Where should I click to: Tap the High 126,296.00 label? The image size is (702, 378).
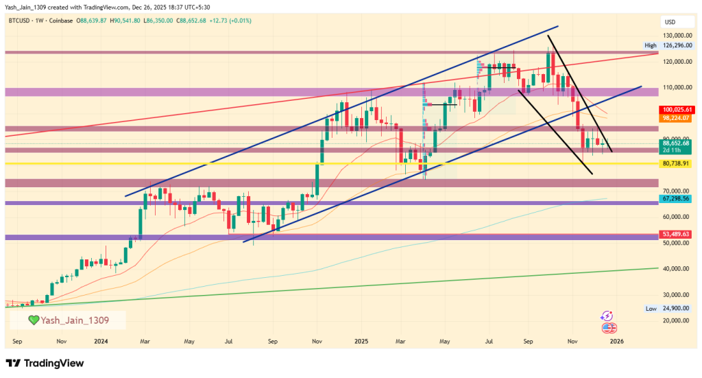(x=670, y=45)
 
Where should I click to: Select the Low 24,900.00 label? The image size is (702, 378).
(x=670, y=309)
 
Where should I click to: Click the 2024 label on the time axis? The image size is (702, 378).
(x=101, y=341)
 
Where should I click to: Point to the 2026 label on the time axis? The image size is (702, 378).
(x=616, y=341)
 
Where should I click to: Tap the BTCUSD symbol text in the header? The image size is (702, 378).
(x=21, y=21)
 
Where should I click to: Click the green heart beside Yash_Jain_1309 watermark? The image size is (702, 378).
(x=32, y=320)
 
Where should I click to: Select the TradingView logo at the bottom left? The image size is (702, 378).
(x=44, y=362)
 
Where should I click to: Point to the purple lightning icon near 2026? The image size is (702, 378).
(x=606, y=316)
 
